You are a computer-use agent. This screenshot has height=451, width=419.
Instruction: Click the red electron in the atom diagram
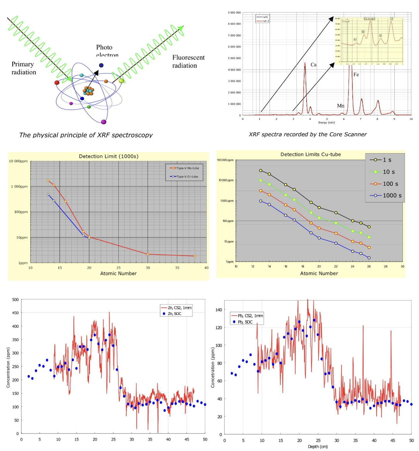tap(57, 82)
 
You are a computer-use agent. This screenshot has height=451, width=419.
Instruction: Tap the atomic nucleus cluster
tap(88, 91)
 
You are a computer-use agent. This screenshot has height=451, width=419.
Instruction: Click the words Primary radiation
tap(23, 68)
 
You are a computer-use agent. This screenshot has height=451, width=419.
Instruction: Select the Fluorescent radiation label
tap(188, 61)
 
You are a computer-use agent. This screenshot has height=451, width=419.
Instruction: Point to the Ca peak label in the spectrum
tap(313, 65)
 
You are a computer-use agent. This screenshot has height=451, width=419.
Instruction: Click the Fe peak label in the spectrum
tap(356, 74)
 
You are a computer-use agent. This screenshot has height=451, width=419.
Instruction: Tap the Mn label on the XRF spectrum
tap(340, 106)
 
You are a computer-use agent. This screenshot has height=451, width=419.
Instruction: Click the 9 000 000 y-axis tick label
tap(234, 12)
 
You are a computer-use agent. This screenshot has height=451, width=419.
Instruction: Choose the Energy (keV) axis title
tap(327, 122)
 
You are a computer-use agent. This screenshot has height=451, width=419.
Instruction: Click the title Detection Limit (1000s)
tap(108, 156)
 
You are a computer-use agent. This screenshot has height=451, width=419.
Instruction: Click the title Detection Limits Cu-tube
tap(311, 154)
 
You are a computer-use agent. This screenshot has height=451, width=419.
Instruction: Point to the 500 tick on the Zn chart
tap(15, 300)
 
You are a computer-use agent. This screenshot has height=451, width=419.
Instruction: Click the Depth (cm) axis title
tap(318, 447)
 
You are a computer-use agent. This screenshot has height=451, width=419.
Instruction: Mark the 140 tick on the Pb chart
tap(219, 310)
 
